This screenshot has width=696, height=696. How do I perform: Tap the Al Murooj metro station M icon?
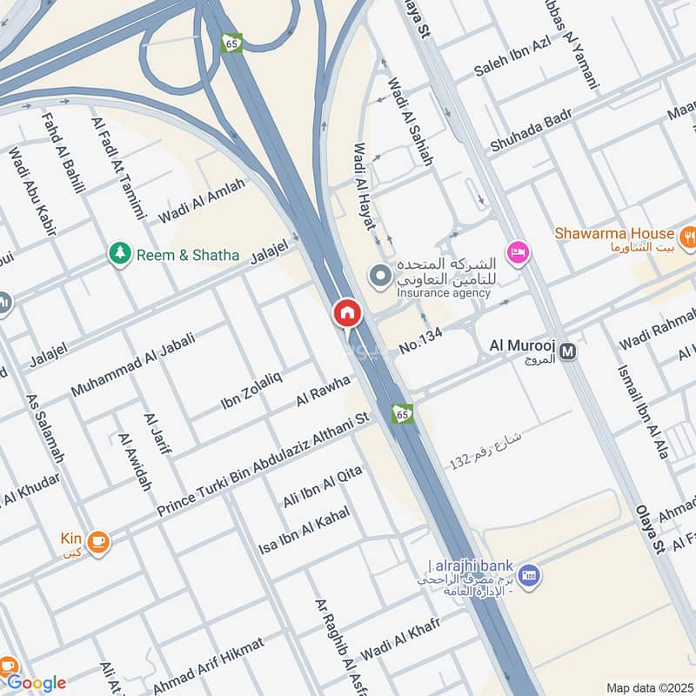[568, 351]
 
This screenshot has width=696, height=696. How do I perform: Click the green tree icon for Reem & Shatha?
[119, 254]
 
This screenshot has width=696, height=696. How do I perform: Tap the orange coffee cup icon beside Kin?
[98, 540]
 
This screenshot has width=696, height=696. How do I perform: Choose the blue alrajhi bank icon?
[527, 575]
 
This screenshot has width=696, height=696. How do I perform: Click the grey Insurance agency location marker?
[380, 277]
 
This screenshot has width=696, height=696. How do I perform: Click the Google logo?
[36, 682]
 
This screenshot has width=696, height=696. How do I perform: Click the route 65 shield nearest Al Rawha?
[401, 412]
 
